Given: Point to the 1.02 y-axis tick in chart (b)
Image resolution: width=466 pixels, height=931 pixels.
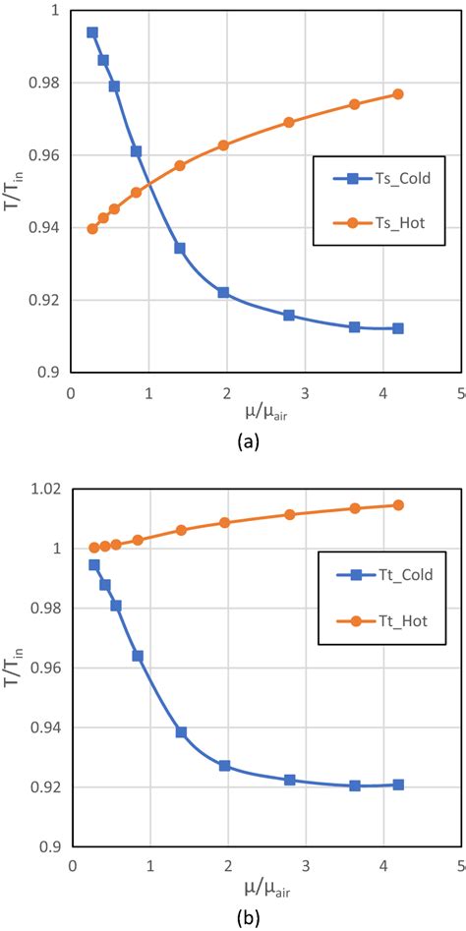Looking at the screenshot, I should coord(45,489).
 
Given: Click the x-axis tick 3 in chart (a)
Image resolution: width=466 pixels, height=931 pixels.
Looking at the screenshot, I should coord(305,391).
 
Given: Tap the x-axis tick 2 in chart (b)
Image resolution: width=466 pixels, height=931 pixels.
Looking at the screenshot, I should coord(228,866).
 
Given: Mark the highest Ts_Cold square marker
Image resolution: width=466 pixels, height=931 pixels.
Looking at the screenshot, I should coord(92,32).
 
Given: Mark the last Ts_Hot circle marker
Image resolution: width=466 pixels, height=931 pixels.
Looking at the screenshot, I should coord(398,94).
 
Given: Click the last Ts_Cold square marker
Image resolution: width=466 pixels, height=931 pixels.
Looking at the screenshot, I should coord(398,328).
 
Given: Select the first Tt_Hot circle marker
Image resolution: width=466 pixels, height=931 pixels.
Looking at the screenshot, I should coord(94,548).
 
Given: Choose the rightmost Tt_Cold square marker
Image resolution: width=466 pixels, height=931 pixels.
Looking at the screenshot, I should coord(398,785).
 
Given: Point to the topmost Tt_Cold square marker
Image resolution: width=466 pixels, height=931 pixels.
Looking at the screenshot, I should coord(94,565).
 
